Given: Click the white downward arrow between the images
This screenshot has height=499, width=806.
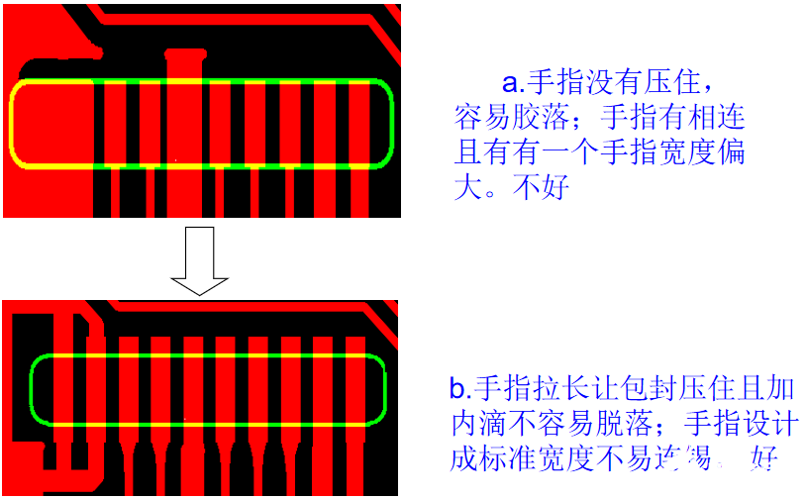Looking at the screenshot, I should [199, 260].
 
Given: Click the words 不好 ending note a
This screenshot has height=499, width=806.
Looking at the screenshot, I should [540, 187].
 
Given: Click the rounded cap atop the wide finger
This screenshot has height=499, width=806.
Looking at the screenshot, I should [183, 53].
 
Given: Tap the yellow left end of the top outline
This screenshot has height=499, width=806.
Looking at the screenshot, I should [13, 123].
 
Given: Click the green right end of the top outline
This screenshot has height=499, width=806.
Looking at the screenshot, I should [392, 123].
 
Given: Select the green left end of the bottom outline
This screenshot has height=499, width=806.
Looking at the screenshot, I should [32, 390].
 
